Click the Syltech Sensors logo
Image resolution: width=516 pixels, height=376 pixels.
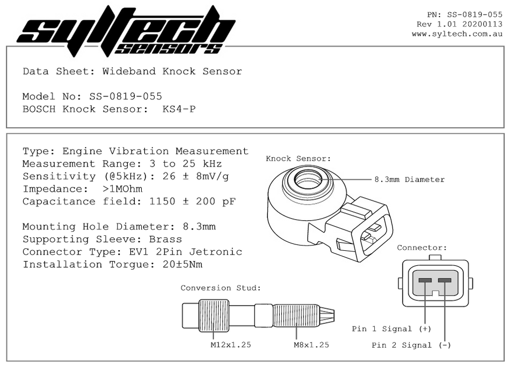point(126,31)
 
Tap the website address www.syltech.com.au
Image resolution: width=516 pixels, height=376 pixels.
point(457,34)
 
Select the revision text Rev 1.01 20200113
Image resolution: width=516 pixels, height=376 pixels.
point(459,24)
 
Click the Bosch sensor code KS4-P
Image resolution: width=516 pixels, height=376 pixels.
point(179,109)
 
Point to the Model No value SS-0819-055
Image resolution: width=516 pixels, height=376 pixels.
point(121,97)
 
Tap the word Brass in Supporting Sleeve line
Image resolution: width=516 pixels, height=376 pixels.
point(165,239)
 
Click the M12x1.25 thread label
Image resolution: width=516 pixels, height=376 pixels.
point(230,345)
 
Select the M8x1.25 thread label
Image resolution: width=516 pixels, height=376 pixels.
point(311,345)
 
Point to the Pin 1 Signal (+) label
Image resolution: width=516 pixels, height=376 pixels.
point(391,329)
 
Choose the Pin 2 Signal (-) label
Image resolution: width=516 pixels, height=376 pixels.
point(411,345)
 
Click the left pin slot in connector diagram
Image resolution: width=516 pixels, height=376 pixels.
point(425,280)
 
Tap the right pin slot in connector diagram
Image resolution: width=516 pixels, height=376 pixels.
point(445,280)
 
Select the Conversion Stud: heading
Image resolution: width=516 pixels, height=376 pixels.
point(220,288)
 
